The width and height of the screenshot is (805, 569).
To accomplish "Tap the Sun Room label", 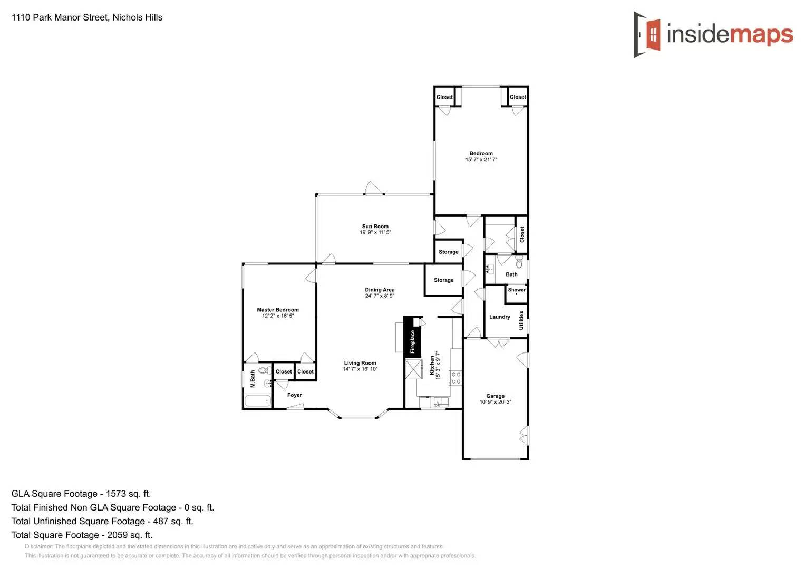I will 375,227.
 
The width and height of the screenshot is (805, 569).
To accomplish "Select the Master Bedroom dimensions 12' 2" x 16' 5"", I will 278,316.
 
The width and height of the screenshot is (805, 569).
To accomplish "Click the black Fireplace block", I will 412,338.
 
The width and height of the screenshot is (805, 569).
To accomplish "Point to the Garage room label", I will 495,396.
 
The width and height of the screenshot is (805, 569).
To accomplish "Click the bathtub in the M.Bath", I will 258,401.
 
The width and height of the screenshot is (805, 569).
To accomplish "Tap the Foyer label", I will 294,395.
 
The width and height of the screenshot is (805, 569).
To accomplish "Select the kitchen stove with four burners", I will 455,378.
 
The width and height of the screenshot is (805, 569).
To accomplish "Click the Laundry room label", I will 499,317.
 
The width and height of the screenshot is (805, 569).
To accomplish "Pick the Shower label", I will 516,290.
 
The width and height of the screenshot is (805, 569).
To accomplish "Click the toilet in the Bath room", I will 519,262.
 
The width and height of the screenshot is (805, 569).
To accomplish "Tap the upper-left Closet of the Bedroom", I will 444,97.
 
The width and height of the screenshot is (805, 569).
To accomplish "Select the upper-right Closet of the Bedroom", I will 517,97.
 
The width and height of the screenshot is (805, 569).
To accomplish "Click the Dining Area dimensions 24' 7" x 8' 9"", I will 380,296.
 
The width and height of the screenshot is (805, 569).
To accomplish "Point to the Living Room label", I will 360,363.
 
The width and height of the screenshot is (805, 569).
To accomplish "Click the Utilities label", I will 521,320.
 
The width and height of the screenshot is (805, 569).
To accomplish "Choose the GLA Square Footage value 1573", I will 116,494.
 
